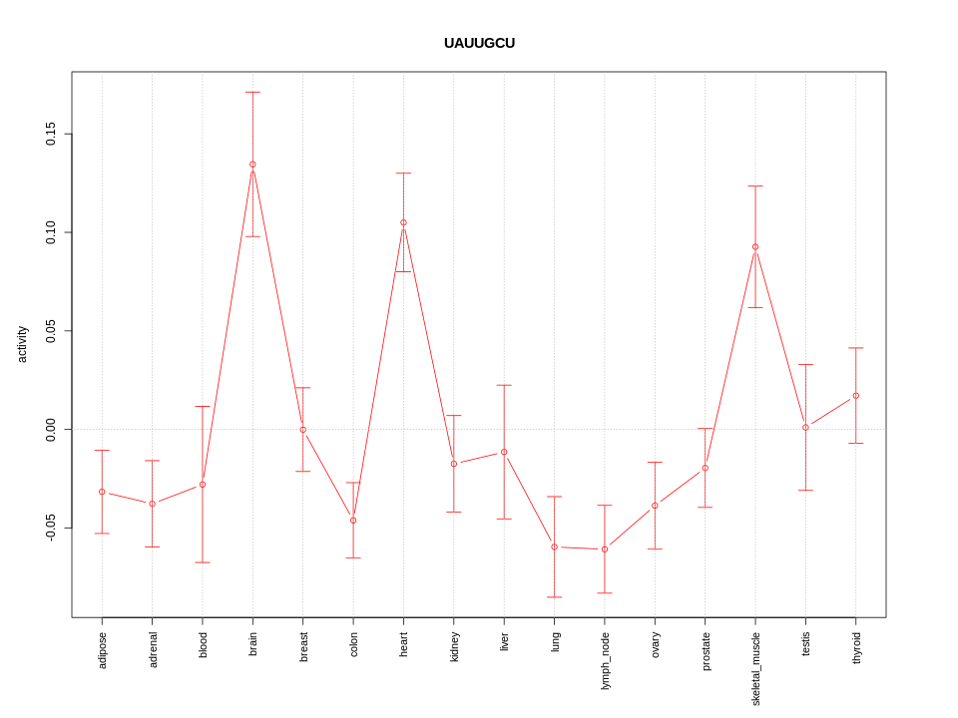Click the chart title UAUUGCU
(x=479, y=43)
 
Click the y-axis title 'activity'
(x=23, y=344)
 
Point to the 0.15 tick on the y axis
(x=51, y=135)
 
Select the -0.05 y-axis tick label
(x=51, y=528)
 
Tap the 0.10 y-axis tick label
(x=51, y=232)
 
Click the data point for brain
(x=252, y=165)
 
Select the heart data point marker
(x=403, y=222)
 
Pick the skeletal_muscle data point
(x=755, y=247)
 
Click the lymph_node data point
(x=605, y=549)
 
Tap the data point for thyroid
(x=856, y=396)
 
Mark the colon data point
(x=353, y=521)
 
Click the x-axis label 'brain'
(x=253, y=643)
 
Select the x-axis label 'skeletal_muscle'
(x=756, y=668)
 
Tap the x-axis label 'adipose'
(x=103, y=649)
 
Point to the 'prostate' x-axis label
(x=707, y=650)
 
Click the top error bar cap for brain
(x=252, y=93)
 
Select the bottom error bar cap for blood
(x=203, y=562)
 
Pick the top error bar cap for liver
(x=504, y=385)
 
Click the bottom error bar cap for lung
(x=555, y=597)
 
